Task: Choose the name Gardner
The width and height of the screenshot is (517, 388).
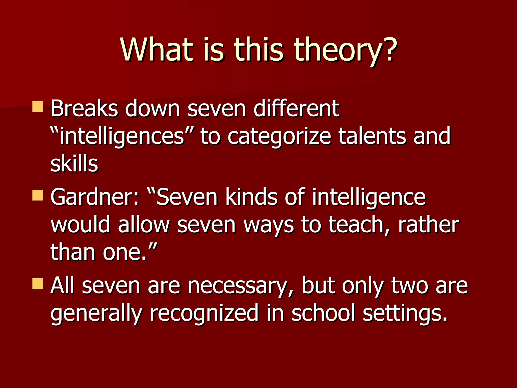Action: (x=94, y=198)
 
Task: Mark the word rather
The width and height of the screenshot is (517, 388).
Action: (x=428, y=225)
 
